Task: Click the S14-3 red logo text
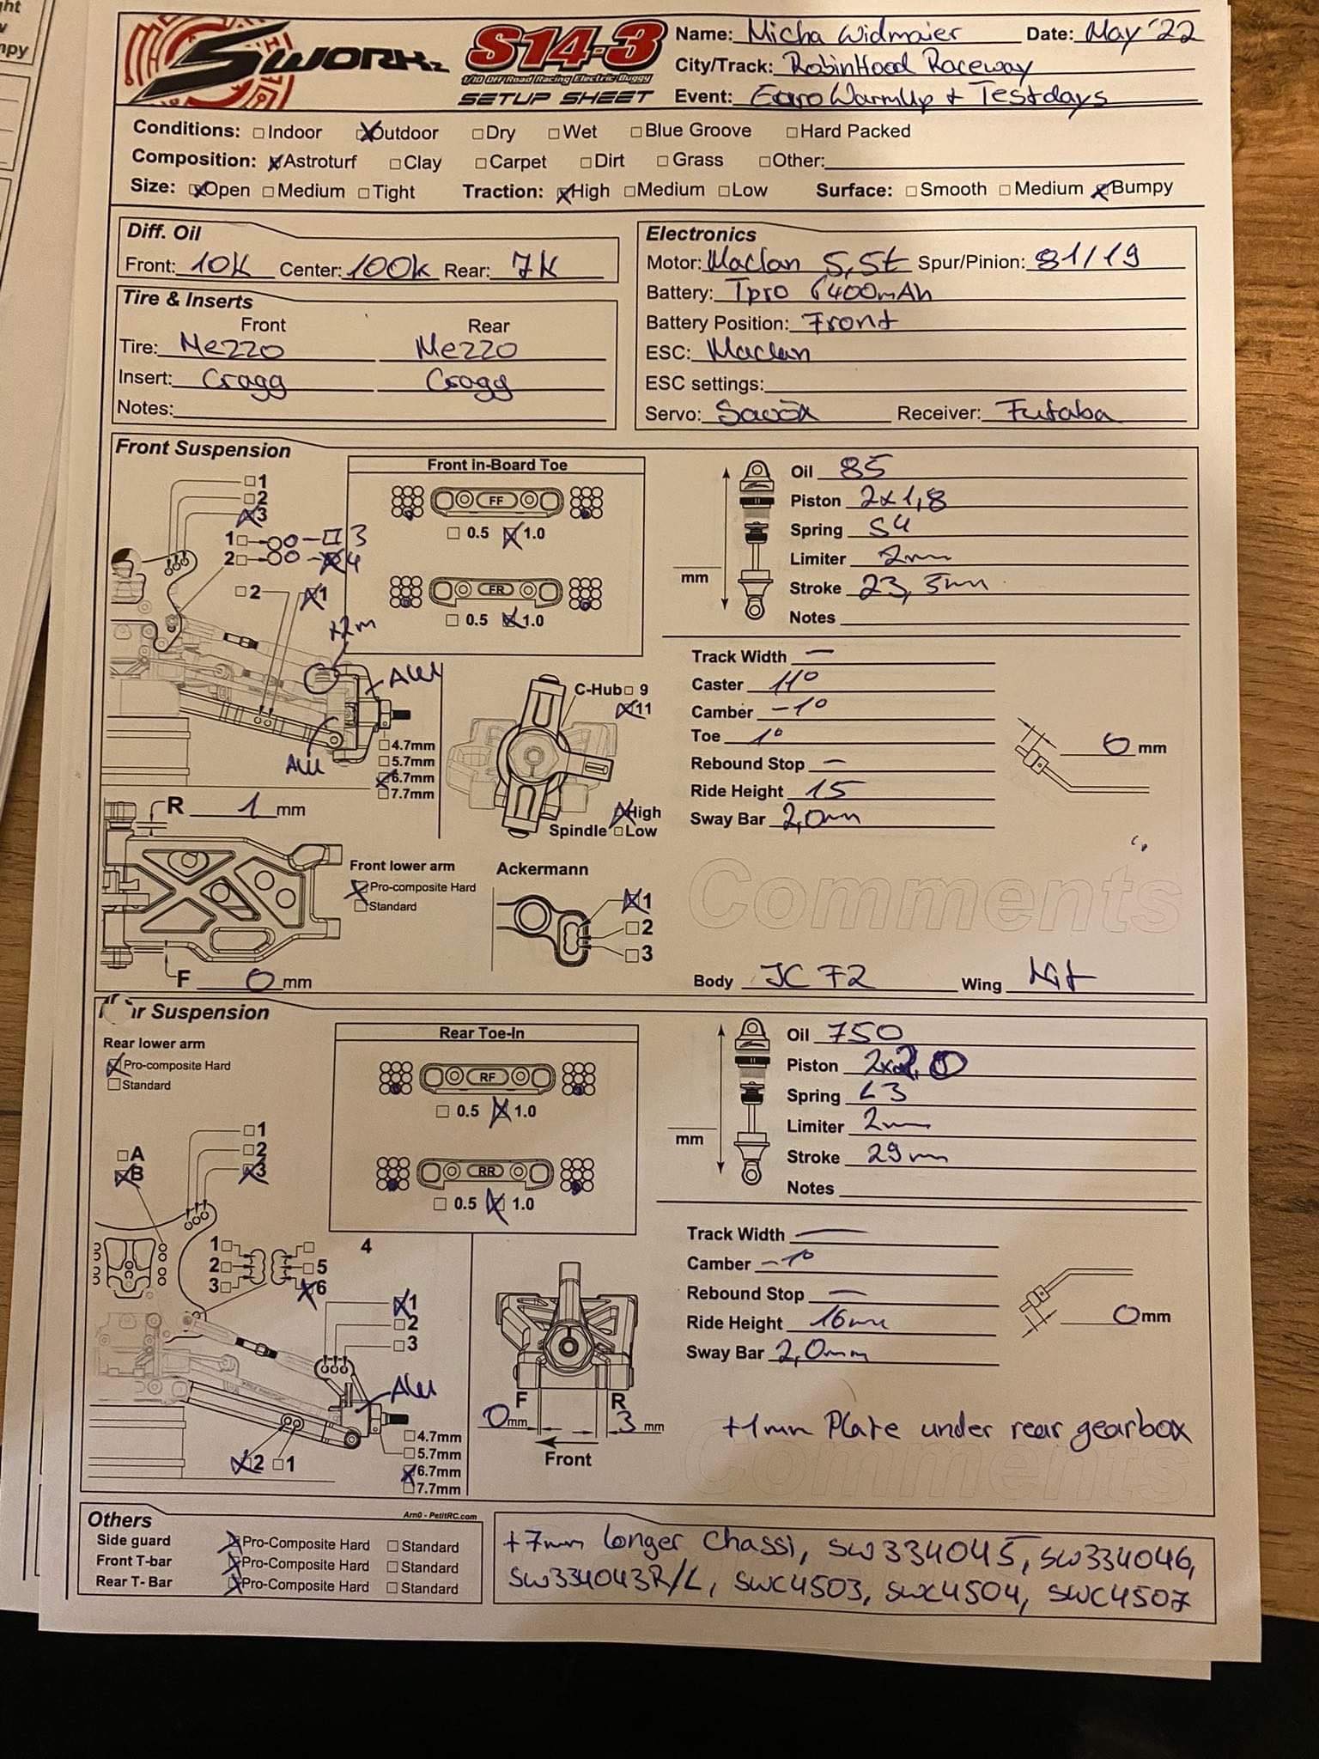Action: point(565,50)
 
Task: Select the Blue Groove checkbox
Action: point(636,132)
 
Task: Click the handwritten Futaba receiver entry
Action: point(1049,412)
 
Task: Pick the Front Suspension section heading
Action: point(204,449)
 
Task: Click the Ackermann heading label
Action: point(542,869)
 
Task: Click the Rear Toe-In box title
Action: point(482,1033)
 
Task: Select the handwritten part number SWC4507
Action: point(1118,1599)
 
